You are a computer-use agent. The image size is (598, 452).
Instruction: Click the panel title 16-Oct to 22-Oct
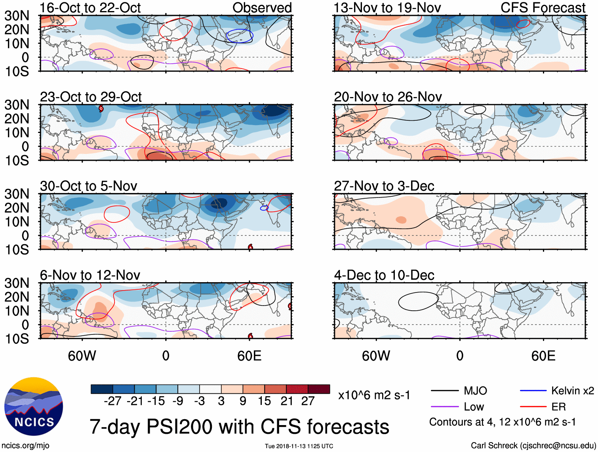tap(90, 8)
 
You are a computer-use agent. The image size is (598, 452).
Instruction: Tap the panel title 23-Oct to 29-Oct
tap(91, 97)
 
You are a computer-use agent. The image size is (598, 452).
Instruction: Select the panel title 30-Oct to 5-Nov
tap(88, 186)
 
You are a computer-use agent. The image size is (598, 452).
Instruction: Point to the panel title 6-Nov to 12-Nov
tap(90, 275)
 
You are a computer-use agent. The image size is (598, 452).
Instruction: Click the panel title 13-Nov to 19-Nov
tap(387, 8)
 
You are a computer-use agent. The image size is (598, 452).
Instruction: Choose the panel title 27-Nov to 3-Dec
tap(384, 186)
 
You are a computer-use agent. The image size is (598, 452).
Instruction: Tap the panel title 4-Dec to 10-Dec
tap(384, 275)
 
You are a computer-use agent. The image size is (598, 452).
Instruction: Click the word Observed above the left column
tap(262, 8)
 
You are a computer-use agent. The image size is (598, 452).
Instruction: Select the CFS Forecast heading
tap(543, 8)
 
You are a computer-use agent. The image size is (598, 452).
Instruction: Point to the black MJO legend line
tap(444, 391)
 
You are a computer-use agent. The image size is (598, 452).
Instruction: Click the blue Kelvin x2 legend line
tap(533, 391)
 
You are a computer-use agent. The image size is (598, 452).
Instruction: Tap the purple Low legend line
tap(444, 407)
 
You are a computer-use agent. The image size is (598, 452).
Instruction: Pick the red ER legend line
tap(533, 407)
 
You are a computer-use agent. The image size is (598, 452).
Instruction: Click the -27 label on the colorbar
tap(112, 401)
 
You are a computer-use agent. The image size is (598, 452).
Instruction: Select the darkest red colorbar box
tap(319, 389)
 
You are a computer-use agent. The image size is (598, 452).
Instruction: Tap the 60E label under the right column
tap(543, 356)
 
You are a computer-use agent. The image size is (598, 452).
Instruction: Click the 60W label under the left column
tap(82, 356)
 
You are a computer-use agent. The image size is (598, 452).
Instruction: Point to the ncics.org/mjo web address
tap(25, 446)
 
